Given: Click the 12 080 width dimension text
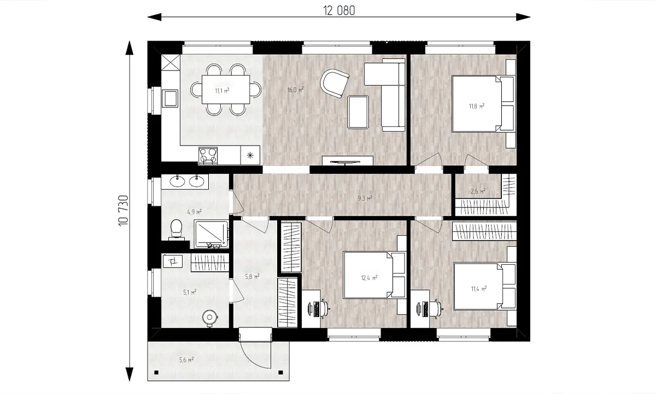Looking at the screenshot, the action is click(x=339, y=11).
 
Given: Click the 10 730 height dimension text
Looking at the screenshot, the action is click(x=124, y=210).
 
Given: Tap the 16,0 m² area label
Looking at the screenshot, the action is click(x=296, y=89).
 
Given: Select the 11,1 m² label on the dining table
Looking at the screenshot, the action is click(x=222, y=91).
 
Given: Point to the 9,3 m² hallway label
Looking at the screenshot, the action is click(x=365, y=199).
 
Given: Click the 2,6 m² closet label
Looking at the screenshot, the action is click(x=478, y=192).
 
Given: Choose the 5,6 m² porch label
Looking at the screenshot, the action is click(x=186, y=360).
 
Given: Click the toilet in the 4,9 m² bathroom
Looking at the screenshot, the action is click(x=176, y=230).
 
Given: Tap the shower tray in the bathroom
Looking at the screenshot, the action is click(x=212, y=234).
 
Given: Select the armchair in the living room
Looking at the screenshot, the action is click(x=335, y=83).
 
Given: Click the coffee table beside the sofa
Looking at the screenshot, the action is click(x=358, y=112).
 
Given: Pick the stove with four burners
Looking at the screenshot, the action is click(x=208, y=155).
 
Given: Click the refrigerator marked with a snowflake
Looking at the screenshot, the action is click(x=250, y=155).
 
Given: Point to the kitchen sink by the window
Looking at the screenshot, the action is click(x=169, y=98).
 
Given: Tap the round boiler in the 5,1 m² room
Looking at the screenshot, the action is click(x=210, y=318).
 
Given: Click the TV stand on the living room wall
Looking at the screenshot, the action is click(x=347, y=161).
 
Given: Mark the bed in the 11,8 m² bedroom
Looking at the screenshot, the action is click(x=483, y=104).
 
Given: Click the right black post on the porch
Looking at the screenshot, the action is click(x=280, y=373).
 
